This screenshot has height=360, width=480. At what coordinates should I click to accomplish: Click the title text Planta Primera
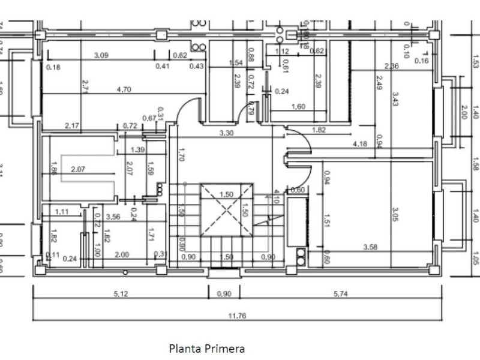(x=207, y=348)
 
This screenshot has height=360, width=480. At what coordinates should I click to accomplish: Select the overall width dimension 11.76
(x=238, y=315)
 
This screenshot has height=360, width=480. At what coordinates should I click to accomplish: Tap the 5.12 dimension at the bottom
(x=119, y=294)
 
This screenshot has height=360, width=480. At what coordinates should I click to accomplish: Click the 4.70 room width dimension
(x=124, y=90)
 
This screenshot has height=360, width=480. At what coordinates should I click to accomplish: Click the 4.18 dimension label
(x=360, y=144)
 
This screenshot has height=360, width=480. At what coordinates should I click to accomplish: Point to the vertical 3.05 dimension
(x=395, y=214)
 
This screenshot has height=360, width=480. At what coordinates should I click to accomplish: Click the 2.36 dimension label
(x=392, y=66)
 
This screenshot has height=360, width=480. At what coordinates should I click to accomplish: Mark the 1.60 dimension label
(x=298, y=107)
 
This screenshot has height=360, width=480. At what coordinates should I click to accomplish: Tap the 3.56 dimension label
(x=113, y=217)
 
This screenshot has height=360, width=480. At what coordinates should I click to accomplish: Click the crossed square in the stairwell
(x=226, y=211)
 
